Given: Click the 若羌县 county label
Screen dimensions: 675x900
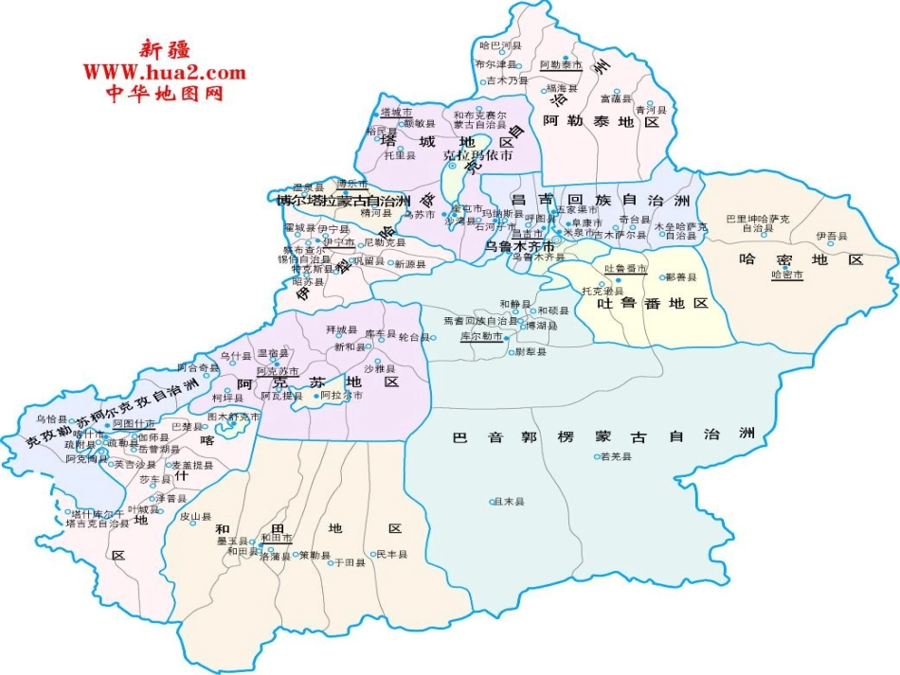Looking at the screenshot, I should pos(615,455).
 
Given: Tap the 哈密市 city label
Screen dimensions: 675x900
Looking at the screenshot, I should pos(787,275).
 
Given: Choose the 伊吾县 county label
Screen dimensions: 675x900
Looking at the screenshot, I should pos(833,236).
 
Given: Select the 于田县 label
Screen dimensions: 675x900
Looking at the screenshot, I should pos(350,562).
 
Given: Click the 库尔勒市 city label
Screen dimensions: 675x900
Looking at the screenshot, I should pos(480,336).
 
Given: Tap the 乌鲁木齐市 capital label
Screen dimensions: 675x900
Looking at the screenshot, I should pos(518,245).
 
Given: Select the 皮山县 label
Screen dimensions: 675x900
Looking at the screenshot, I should pos(195,517).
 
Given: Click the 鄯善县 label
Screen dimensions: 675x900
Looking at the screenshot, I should pos(681,277).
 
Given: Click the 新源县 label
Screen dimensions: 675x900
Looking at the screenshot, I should pos(411,263).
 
